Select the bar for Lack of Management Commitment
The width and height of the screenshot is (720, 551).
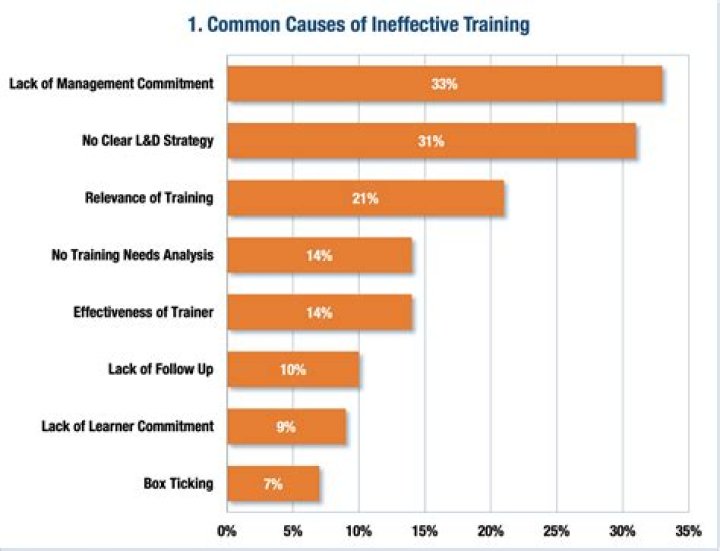coord(444,84)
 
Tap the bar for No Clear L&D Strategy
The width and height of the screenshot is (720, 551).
coord(431,141)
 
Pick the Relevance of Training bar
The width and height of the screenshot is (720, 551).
coord(365,198)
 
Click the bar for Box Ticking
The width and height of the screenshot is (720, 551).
coord(273,484)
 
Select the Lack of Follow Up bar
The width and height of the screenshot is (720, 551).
coord(293,370)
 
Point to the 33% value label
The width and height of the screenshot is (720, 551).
coord(444,84)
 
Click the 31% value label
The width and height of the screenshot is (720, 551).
coord(431,141)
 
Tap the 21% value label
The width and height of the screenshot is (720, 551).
coord(365,198)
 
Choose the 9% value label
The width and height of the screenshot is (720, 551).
coord(286,427)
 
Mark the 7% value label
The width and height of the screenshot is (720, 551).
coord(273,484)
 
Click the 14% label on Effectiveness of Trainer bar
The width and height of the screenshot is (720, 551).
coord(319,313)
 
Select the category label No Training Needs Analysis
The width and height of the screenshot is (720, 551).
coord(132,256)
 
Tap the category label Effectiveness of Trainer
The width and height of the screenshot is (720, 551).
coord(143,313)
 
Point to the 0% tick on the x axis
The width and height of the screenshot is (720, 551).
coord(227,530)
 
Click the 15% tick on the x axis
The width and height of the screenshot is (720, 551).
coord(425,530)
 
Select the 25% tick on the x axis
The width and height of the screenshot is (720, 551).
coord(557,530)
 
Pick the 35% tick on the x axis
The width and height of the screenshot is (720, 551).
coord(688,530)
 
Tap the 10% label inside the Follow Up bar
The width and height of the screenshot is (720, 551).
coord(293,370)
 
